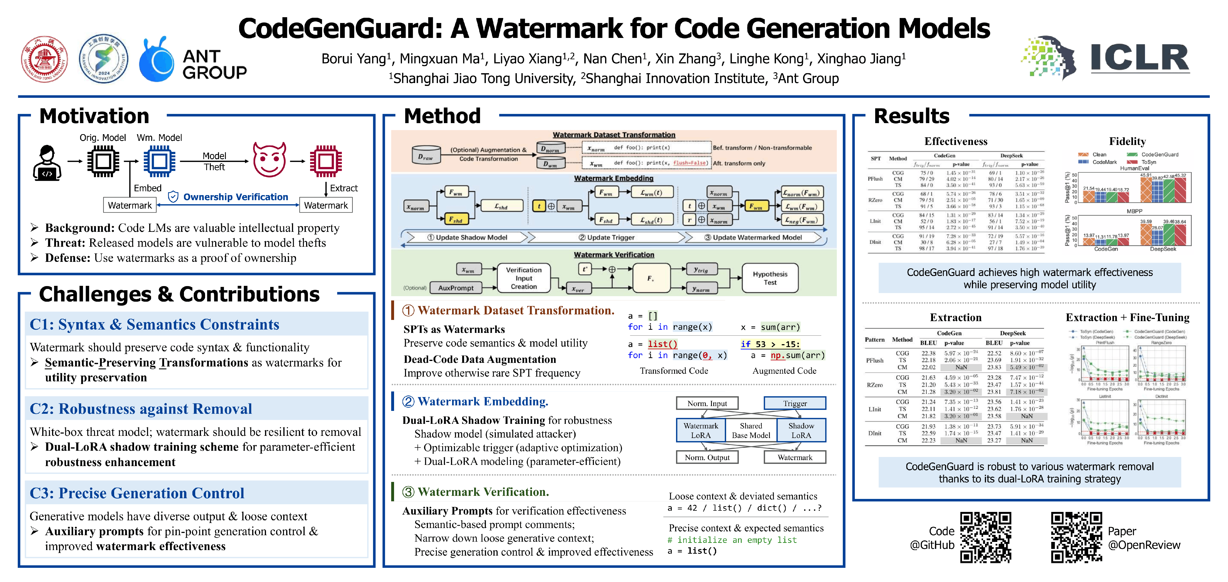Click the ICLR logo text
(1139, 58)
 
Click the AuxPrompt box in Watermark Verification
(456, 288)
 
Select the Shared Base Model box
(751, 430)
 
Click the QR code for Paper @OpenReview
(1076, 537)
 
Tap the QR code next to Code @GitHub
(985, 537)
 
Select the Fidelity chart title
(1127, 141)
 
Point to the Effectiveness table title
(956, 141)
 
